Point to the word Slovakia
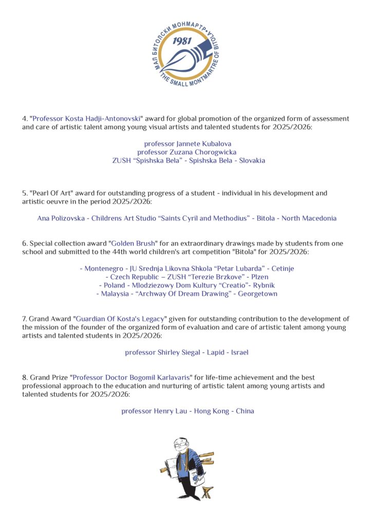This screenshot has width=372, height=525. [248, 160]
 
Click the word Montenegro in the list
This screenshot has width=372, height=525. [104, 268]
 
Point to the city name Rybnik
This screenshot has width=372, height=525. [261, 285]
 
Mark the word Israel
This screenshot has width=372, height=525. [240, 353]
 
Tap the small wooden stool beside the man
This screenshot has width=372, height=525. [207, 493]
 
